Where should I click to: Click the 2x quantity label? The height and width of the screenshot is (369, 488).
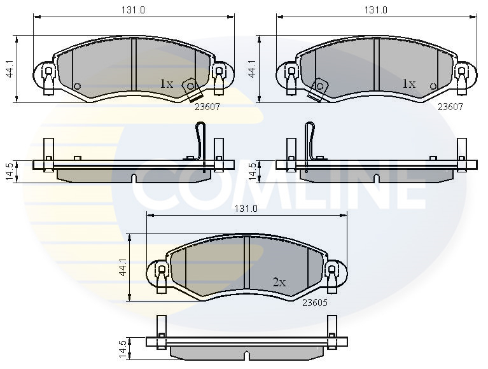pyautogui.click(x=279, y=282)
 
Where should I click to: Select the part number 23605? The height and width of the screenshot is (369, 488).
pyautogui.click(x=316, y=303)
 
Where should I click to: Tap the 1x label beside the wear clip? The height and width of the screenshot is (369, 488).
pyautogui.click(x=167, y=83)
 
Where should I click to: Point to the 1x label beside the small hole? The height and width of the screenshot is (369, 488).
pyautogui.click(x=408, y=83)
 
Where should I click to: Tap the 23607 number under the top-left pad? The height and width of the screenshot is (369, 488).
pyautogui.click(x=207, y=107)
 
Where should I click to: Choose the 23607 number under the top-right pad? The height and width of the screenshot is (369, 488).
pyautogui.click(x=450, y=107)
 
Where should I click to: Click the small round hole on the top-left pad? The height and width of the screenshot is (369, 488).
pyautogui.click(x=77, y=87)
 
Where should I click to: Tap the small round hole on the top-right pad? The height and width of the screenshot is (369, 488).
pyautogui.click(x=433, y=87)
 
